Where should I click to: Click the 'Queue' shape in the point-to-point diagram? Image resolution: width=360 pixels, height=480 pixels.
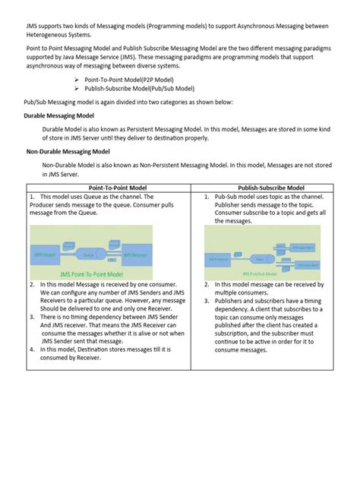(x=90, y=245)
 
